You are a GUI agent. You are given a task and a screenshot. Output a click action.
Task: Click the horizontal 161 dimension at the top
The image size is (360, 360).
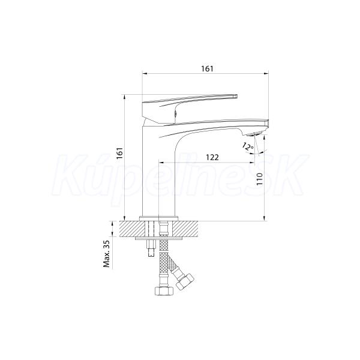(208, 68)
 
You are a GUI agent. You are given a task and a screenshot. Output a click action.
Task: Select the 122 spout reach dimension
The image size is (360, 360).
(212, 157)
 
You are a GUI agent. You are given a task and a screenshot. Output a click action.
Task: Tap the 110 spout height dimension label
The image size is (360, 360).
(259, 179)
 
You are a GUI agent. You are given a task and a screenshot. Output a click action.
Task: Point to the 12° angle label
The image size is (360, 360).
(248, 146)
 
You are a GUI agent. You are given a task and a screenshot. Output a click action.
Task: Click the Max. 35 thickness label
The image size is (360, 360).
(107, 254)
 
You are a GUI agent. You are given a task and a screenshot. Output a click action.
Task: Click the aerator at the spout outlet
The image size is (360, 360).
(255, 134)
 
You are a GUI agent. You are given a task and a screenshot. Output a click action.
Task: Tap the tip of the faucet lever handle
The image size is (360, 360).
(236, 96)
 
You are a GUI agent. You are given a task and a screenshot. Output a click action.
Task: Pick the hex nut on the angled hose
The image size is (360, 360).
(185, 281)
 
